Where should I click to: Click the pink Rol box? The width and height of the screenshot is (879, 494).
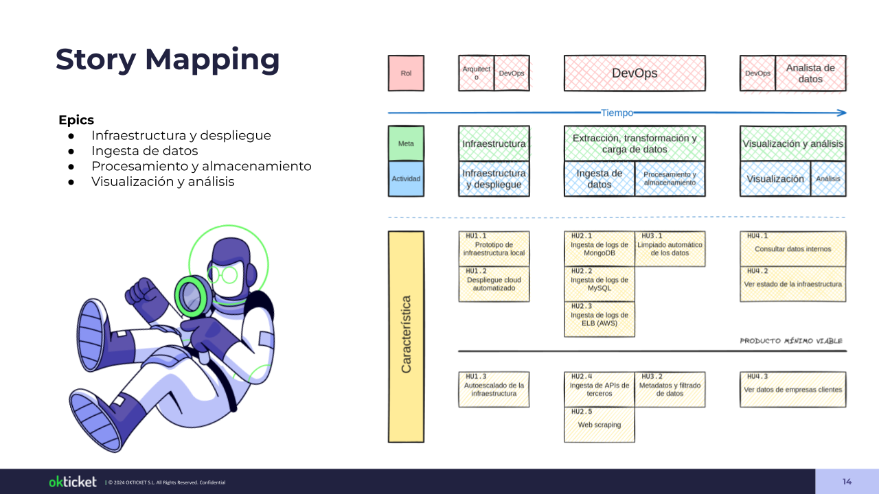(x=406, y=73)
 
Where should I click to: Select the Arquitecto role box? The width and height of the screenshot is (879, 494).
(x=476, y=73)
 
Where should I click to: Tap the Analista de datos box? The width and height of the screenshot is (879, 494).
(x=810, y=73)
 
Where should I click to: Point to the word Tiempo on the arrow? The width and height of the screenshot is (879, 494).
(x=617, y=113)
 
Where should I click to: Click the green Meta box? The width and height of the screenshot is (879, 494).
(x=406, y=143)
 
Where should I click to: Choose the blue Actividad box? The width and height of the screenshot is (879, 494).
(x=406, y=178)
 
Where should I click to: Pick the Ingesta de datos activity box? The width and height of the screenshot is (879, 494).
(x=599, y=178)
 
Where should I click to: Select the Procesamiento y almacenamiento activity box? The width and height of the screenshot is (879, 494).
(x=670, y=178)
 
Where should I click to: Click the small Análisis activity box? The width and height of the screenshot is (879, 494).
(x=828, y=178)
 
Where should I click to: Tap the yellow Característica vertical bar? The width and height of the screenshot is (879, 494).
(x=406, y=336)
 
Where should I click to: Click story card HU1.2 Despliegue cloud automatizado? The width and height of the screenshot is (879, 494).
(x=494, y=284)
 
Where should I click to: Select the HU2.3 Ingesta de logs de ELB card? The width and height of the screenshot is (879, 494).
(x=599, y=319)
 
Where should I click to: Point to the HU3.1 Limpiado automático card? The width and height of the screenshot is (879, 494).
(x=670, y=249)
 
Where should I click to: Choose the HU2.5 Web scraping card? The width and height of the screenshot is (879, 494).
(x=599, y=425)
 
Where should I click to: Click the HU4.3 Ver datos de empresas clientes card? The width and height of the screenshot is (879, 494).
(x=792, y=389)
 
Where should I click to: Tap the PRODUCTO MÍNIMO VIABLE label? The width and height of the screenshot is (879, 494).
(x=790, y=341)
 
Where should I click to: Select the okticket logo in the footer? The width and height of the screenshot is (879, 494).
(x=73, y=482)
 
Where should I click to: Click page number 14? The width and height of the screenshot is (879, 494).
(x=847, y=482)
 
